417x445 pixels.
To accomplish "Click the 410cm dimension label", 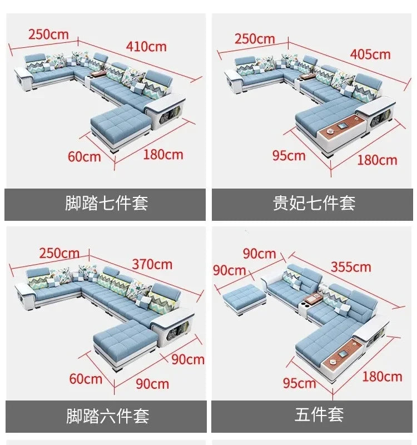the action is coord(146,47).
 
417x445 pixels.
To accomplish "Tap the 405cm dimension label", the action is coord(370,54).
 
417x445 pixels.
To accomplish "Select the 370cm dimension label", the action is coord(152,264).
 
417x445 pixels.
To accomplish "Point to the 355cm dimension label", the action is coord(351,267).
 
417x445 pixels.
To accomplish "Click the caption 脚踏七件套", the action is coord(106,203).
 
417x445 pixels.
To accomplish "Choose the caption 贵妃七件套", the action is coord(314,203).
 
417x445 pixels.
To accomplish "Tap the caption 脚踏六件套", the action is coord(107,416).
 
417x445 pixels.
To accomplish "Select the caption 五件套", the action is coord(319,414).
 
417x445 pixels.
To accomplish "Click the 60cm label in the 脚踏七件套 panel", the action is coord(85,157).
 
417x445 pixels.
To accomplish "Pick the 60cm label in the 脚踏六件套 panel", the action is coord(86,379).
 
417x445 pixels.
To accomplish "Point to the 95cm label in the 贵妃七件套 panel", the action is coord(289,156).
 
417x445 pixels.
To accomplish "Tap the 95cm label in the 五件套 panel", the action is coord(299,383).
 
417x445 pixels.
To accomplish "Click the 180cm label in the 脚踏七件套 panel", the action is coord(163,155).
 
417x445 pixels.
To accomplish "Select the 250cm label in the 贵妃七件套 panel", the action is coord(255,39).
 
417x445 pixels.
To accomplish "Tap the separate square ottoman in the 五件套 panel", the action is coord(244,299).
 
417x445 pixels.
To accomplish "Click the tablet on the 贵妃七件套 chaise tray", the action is coord(342,126).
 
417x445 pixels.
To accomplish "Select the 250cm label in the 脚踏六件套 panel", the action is coord(59,253).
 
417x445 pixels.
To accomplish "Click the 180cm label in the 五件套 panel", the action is coord(382,377).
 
